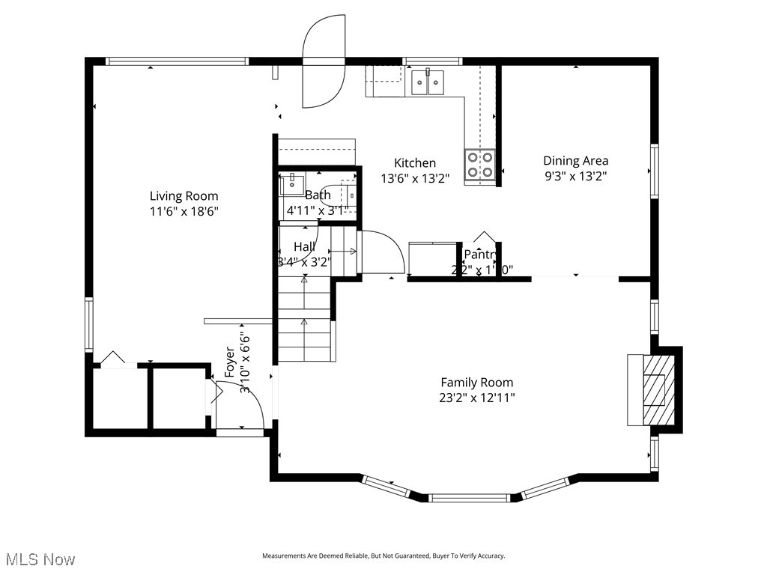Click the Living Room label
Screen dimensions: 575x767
(184, 197)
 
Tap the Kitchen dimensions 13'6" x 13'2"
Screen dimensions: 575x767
(415, 178)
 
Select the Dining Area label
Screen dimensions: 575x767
(575, 160)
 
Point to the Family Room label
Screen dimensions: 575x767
(476, 383)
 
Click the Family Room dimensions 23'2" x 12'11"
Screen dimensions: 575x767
(477, 398)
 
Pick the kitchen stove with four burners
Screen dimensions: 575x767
(479, 165)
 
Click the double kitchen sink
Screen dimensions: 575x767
(427, 82)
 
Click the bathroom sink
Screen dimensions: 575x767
(292, 183)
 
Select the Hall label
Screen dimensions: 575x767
(304, 246)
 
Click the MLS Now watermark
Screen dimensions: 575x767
(39, 559)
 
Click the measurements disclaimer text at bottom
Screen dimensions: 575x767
(383, 556)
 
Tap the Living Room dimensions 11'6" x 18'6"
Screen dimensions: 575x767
(184, 212)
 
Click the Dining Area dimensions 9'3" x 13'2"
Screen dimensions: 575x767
(575, 177)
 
